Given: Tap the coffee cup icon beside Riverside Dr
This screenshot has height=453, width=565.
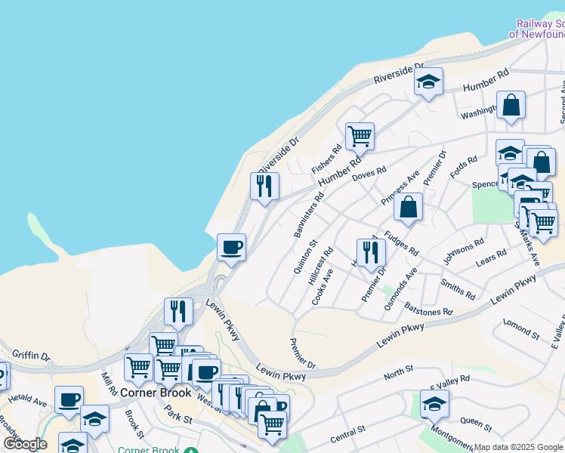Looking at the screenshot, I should click(231, 247).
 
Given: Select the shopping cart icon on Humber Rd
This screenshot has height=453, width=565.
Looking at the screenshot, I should click(360, 137).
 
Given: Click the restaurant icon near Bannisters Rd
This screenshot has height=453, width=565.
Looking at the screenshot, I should click(264, 186).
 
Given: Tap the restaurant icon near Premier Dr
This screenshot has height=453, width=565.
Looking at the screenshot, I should click(369, 252).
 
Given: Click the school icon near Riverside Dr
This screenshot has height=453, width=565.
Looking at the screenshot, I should click(428, 82).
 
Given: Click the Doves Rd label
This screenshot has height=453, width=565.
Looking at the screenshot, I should click(369, 174).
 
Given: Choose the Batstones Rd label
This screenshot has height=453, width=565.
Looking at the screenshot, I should click(428, 307).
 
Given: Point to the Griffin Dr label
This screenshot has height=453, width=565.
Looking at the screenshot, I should click(30, 355).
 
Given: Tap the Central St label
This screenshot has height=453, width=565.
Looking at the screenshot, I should click(348, 433).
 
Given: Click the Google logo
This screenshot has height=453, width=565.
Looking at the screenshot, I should click(25, 443).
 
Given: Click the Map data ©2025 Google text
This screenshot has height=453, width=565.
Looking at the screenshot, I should click(518, 447).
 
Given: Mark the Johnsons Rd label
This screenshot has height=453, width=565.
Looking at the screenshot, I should click(463, 252).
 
